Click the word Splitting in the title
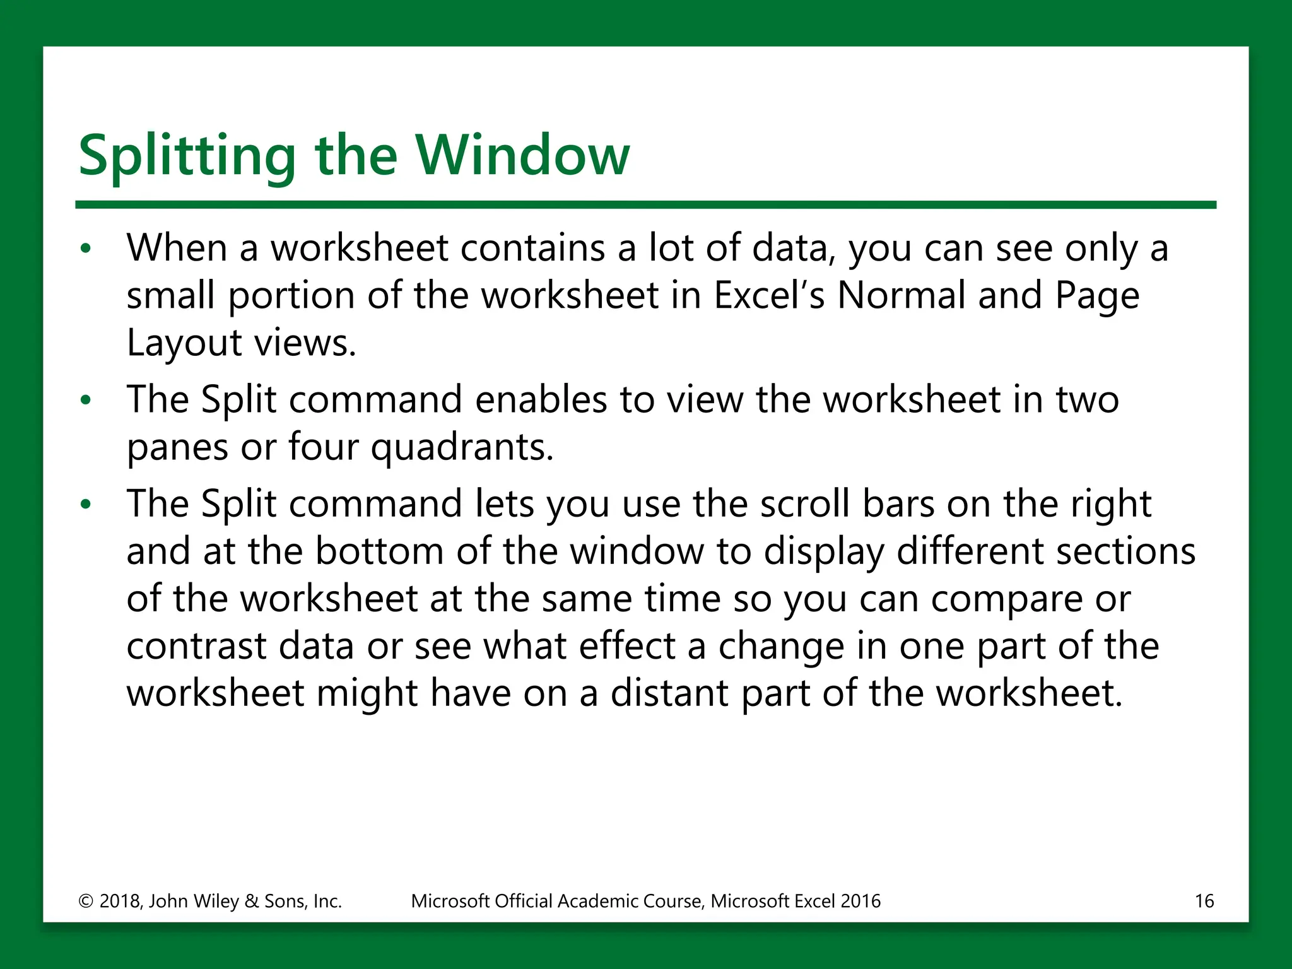[187, 156]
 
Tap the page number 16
[1204, 901]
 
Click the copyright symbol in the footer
[86, 901]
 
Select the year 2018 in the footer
[120, 901]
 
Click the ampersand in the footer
[251, 901]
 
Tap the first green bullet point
[86, 249]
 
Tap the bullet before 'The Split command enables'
[86, 401]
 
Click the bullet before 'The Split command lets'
[86, 505]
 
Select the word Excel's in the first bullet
[768, 295]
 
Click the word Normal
[901, 295]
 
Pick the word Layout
[184, 344]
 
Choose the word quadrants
[461, 448]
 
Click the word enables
[541, 400]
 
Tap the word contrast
[196, 647]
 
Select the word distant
[669, 693]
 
